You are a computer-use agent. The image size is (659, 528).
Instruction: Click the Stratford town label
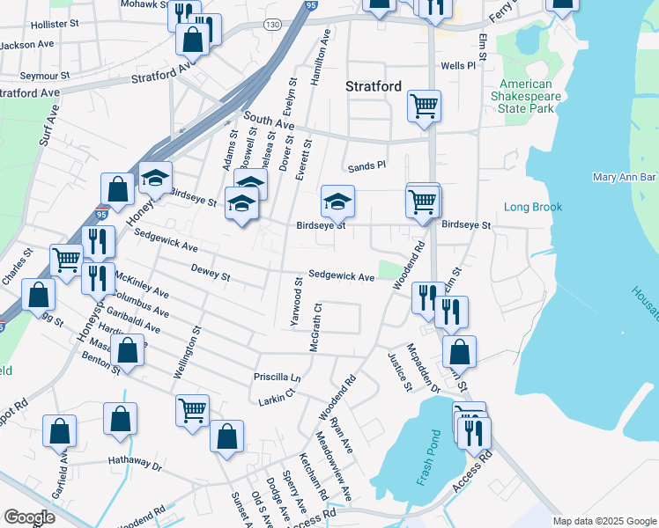coord(373,86)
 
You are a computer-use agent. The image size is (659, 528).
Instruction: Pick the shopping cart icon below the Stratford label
coord(424,106)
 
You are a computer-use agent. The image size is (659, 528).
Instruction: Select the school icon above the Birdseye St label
coord(337,202)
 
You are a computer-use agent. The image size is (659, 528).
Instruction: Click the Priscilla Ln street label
coord(278,377)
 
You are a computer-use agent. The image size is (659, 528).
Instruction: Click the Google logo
coord(30,517)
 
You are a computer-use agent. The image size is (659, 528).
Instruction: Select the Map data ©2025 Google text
coord(603,521)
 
